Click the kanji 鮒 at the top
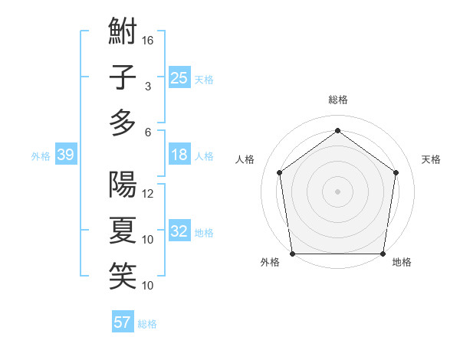(x=123, y=33)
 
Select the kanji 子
(x=123, y=78)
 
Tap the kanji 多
(x=123, y=123)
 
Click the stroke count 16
(x=149, y=41)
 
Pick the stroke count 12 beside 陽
(x=149, y=194)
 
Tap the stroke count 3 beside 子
(x=148, y=87)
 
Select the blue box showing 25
(x=179, y=78)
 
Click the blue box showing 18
(x=179, y=155)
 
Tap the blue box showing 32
(x=179, y=232)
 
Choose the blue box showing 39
(x=65, y=155)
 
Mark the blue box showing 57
(x=123, y=322)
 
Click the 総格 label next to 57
(x=147, y=324)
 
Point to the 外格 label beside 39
(x=41, y=156)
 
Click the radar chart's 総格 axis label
(x=337, y=100)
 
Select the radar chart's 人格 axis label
(x=245, y=159)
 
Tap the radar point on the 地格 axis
(x=383, y=254)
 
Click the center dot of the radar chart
(x=337, y=191)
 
